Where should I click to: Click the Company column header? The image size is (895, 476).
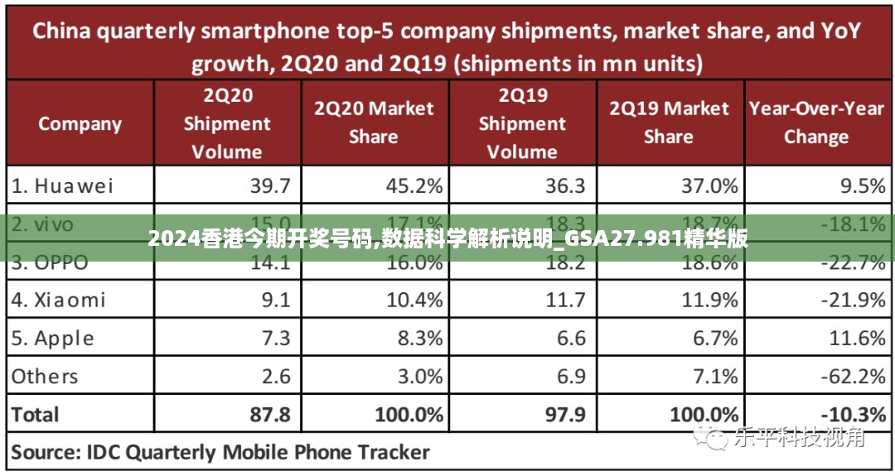tap(80, 124)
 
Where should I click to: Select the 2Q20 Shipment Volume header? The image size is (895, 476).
tap(226, 123)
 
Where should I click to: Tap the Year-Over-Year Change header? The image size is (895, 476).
tap(816, 123)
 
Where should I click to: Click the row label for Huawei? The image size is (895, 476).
tap(62, 185)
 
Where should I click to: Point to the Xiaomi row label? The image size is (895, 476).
tap(59, 300)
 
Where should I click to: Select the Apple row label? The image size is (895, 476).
tap(53, 338)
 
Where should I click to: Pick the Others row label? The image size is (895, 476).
tap(45, 377)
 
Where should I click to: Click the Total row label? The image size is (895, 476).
tap(36, 414)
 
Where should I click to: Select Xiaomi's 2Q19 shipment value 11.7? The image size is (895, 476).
tap(565, 300)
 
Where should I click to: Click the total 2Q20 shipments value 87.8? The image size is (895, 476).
tap(270, 414)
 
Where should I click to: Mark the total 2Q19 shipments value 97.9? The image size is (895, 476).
tap(565, 414)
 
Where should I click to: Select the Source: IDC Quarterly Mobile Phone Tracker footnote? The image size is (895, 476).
tap(220, 452)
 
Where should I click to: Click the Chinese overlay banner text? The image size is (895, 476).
tap(447, 240)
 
